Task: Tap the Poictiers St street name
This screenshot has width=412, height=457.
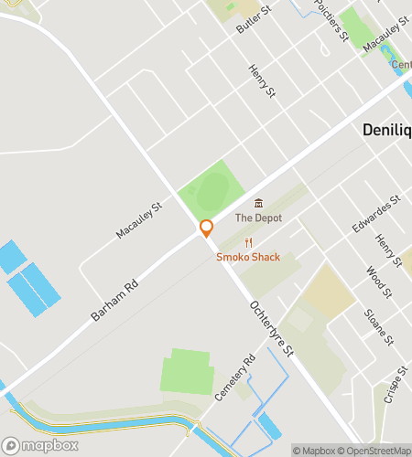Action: tap(331, 19)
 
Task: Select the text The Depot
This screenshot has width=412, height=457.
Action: tap(258, 218)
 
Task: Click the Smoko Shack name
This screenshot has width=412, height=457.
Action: tap(248, 257)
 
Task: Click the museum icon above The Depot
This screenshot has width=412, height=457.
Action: tap(258, 203)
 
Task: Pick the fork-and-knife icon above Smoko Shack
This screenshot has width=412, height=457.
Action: tap(248, 242)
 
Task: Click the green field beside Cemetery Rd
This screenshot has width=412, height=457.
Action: tap(188, 372)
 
